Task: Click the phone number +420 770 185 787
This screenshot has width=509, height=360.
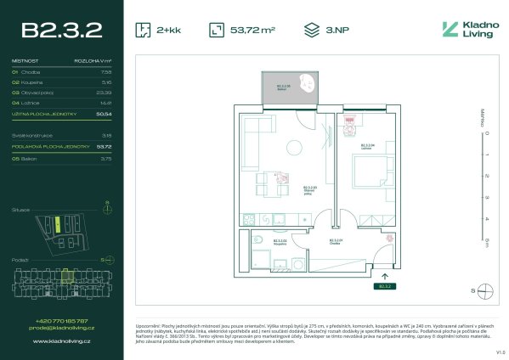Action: (59, 320)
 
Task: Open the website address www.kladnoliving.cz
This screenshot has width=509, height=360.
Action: (59, 341)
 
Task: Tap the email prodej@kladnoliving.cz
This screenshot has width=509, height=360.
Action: (59, 328)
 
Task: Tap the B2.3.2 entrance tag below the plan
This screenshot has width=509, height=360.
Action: (386, 286)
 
